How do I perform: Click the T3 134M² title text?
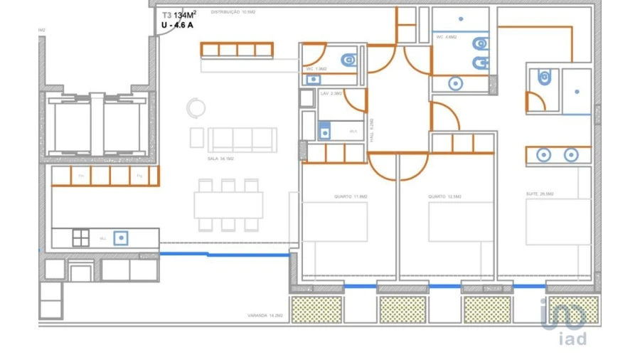(x=180, y=14)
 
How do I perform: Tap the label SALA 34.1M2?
(x=220, y=159)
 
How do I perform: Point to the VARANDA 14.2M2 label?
(x=266, y=314)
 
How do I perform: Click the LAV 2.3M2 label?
(x=332, y=93)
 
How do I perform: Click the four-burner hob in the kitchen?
(x=81, y=238)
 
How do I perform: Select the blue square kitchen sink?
(x=122, y=238)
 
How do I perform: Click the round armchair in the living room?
(x=195, y=108)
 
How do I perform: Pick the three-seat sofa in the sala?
(x=242, y=139)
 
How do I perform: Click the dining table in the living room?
(x=228, y=205)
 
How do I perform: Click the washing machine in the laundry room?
(x=325, y=131)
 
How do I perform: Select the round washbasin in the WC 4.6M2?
(x=455, y=83)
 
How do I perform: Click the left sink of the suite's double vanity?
(x=543, y=154)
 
